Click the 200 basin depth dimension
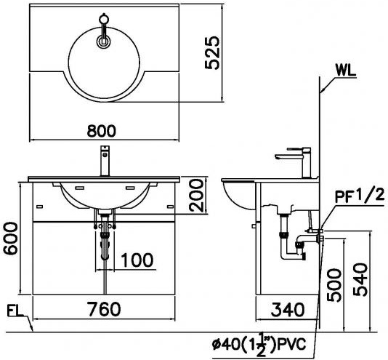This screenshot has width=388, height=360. pyautogui.click(x=193, y=195)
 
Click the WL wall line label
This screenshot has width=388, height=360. pyautogui.click(x=347, y=71)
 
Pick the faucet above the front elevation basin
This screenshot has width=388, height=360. pyautogui.click(x=105, y=161)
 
